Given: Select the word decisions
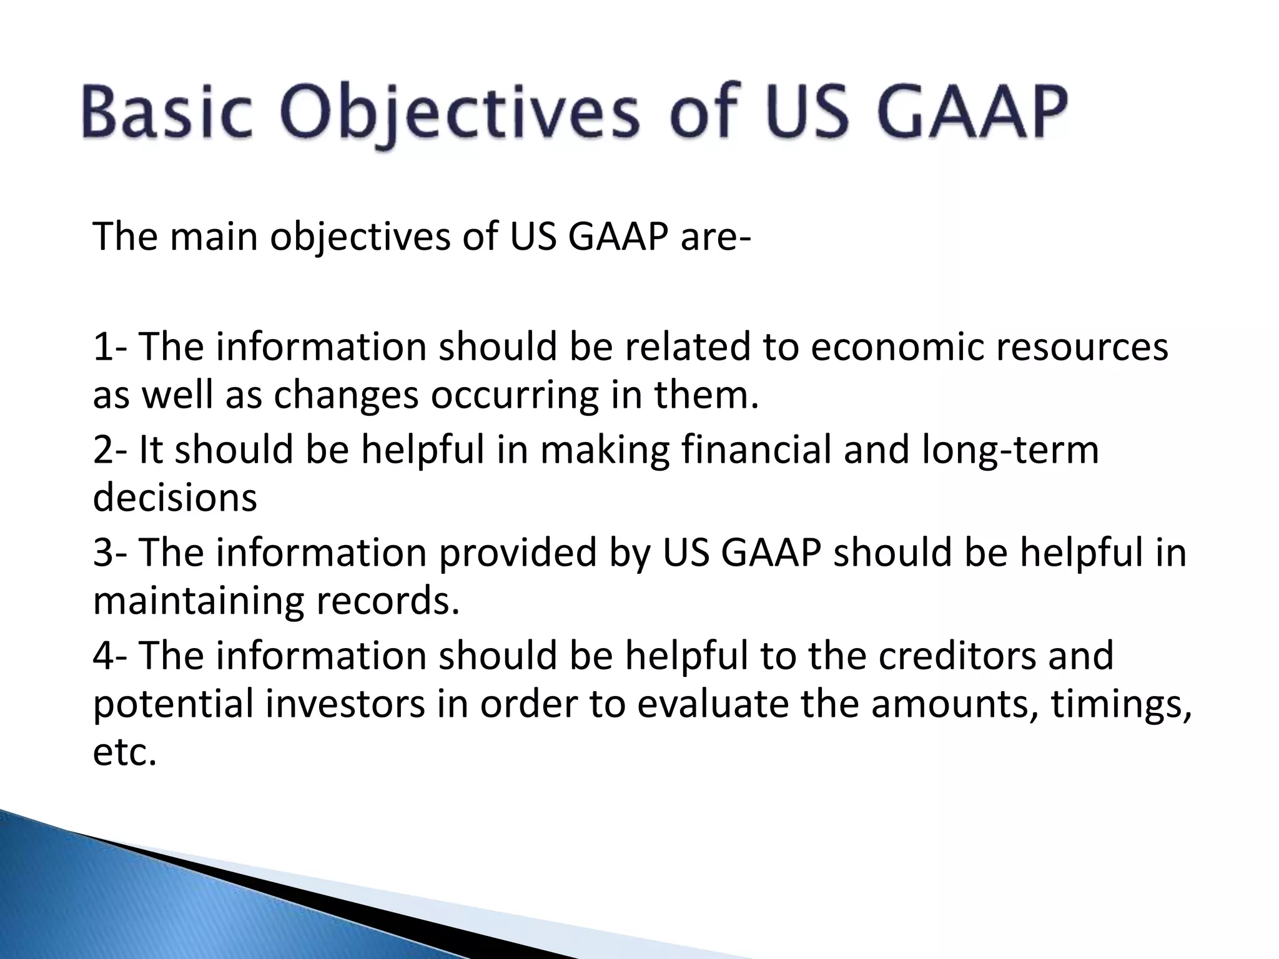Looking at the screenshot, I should (x=175, y=498).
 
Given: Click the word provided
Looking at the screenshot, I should (x=517, y=553).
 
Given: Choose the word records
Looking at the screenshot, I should (x=387, y=601).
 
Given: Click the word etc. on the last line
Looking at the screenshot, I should (x=124, y=753).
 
